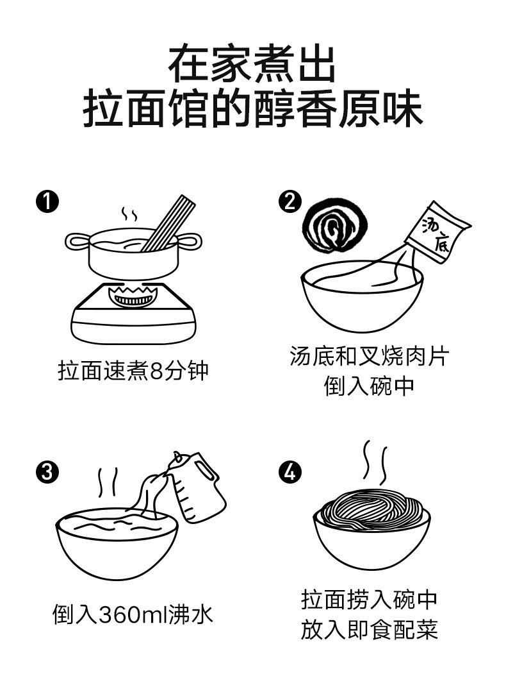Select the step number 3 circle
(x=47, y=473)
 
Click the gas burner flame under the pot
(x=133, y=297)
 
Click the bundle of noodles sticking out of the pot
(x=170, y=223)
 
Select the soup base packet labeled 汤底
(x=438, y=233)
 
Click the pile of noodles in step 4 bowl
(x=371, y=509)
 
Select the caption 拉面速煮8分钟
(x=133, y=371)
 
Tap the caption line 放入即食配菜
(x=370, y=629)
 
